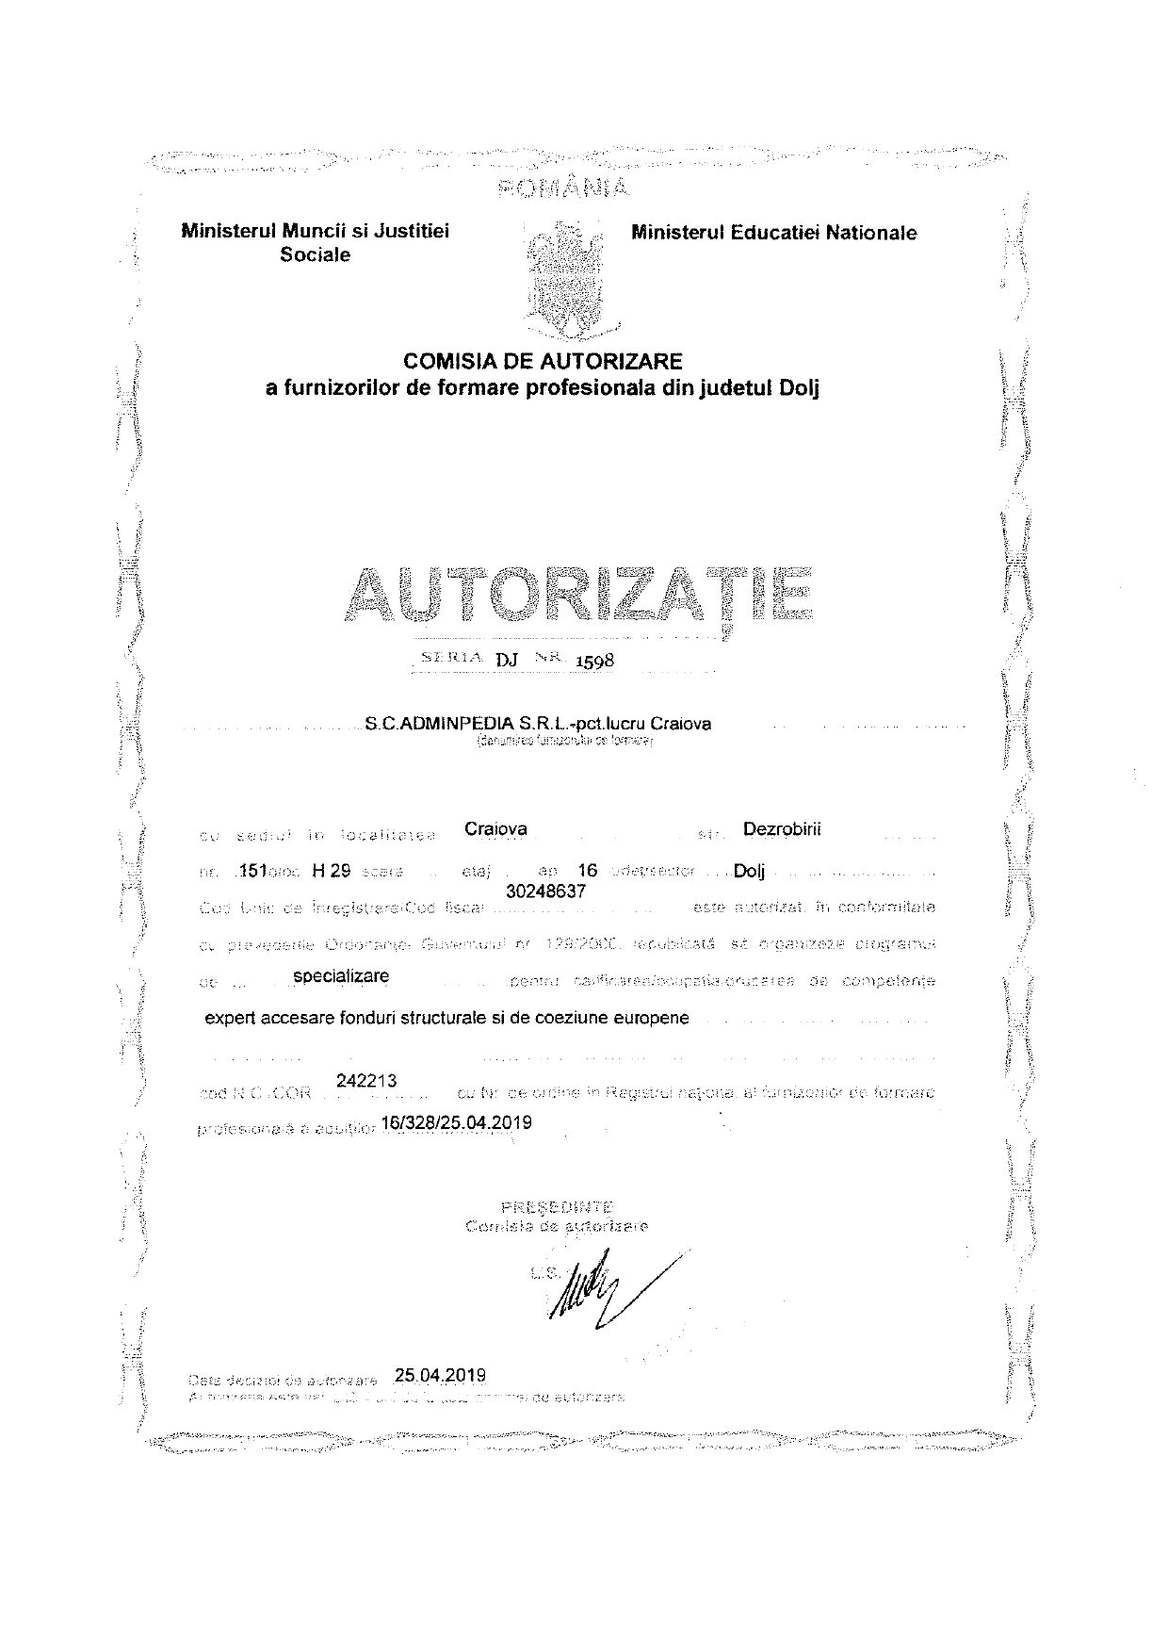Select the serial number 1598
point(594,660)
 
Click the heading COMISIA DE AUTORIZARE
point(542,361)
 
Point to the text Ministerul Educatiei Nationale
point(774,233)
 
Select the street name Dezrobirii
point(782,829)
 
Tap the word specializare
point(341,976)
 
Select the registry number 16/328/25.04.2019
point(458,1122)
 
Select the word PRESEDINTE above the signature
point(559,1207)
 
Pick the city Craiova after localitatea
point(496,829)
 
